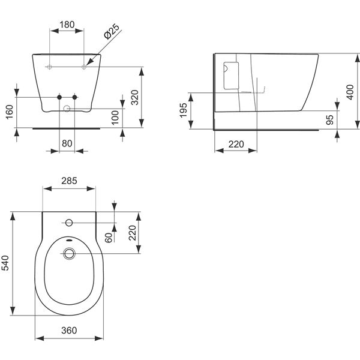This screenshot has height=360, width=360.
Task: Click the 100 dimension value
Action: [115, 118]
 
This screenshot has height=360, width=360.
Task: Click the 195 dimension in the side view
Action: [184, 110]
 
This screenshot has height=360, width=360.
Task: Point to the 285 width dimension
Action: [70, 181]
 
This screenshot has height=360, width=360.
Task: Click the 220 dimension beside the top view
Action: [133, 232]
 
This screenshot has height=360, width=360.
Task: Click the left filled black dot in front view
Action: [59, 97]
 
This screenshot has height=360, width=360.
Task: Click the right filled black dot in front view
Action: [75, 97]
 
